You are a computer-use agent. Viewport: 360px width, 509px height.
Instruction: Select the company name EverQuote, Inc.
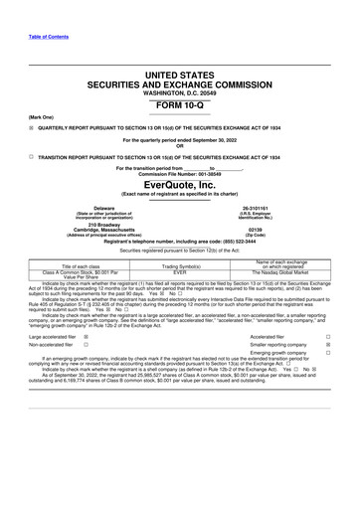[180, 184]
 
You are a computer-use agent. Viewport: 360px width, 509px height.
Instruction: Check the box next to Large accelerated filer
[86, 337]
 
